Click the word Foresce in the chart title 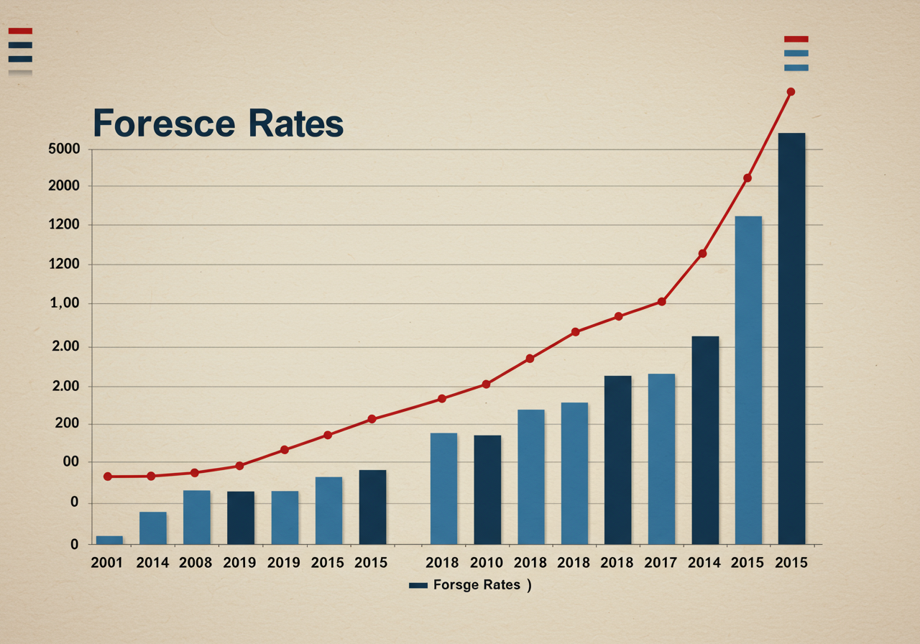point(164,124)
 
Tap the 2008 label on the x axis point(196,563)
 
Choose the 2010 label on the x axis point(487,563)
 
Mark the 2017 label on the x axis point(661,563)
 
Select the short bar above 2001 point(109,540)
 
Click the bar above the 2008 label point(196,517)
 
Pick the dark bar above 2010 point(487,489)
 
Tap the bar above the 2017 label point(661,459)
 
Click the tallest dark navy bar point(791,338)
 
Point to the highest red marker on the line point(791,92)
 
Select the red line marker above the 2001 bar point(108,477)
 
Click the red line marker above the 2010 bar point(486,385)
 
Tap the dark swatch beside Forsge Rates point(418,586)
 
